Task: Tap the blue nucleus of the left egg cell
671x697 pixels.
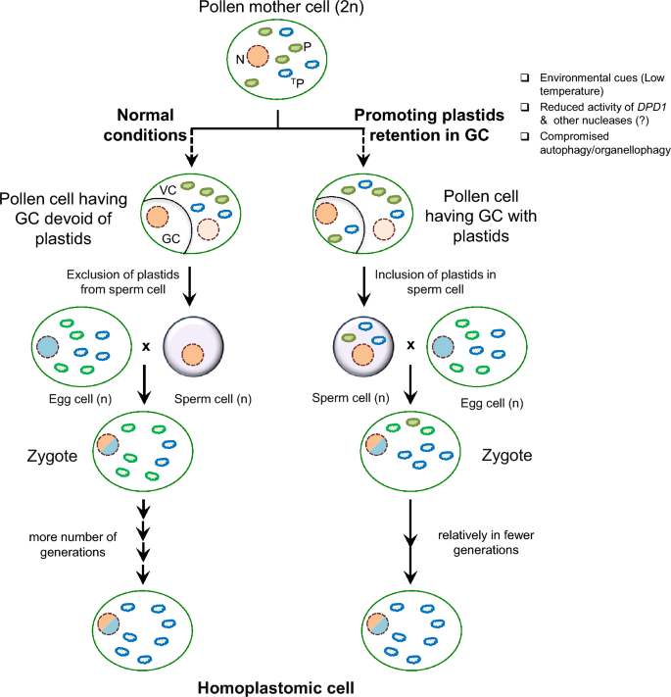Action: tap(47, 346)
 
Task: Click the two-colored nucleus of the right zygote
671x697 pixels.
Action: tap(375, 445)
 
